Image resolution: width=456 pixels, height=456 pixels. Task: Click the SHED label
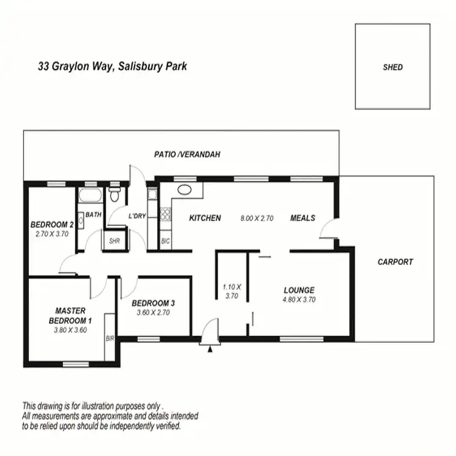click(x=393, y=67)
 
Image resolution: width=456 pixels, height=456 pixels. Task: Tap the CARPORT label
click(x=395, y=262)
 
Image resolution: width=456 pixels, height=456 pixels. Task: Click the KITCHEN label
click(x=205, y=218)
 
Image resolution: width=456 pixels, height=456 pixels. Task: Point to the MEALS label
click(x=303, y=218)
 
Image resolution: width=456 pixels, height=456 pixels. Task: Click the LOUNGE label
click(x=299, y=290)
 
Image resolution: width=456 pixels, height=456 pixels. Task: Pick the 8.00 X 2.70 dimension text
click(x=258, y=218)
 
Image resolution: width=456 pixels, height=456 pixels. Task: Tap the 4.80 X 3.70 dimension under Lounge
click(x=299, y=299)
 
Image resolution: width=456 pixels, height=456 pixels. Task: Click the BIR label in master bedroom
click(x=110, y=338)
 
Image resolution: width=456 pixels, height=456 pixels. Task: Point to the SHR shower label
click(x=114, y=241)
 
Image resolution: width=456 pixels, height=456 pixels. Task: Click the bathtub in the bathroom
click(x=90, y=196)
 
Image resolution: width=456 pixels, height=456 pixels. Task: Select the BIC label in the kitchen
click(x=165, y=241)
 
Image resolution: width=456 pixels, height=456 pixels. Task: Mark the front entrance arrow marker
click(x=210, y=349)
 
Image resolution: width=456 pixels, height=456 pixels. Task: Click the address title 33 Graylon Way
click(x=112, y=66)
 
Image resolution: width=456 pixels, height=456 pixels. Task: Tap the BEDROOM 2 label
click(x=52, y=224)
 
